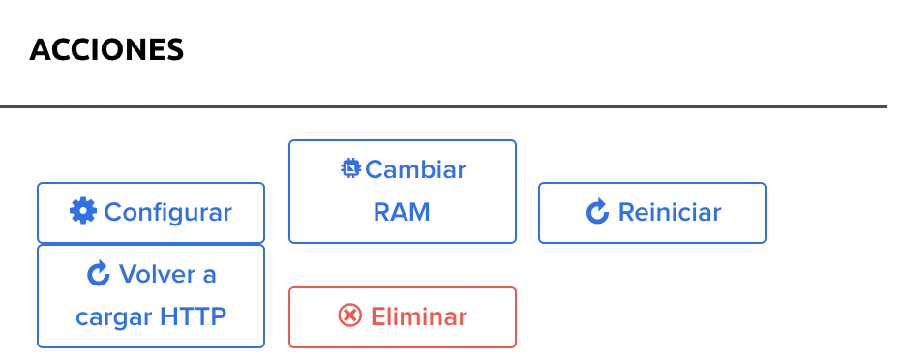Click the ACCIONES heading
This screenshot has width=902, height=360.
pyautogui.click(x=106, y=50)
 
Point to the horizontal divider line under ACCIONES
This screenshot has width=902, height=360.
pyautogui.click(x=443, y=105)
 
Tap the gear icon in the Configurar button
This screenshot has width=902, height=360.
pyautogui.click(x=83, y=211)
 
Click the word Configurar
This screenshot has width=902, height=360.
pyautogui.click(x=167, y=212)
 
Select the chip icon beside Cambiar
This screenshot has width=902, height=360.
pyautogui.click(x=350, y=169)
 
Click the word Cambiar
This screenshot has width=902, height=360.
pyautogui.click(x=415, y=170)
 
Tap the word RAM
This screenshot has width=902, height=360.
pyautogui.click(x=402, y=212)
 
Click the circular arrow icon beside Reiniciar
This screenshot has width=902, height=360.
pyautogui.click(x=597, y=212)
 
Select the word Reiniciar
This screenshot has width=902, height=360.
pyautogui.click(x=669, y=212)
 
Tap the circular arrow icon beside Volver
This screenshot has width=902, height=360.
pyautogui.click(x=99, y=275)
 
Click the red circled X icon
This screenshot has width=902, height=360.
pyautogui.click(x=349, y=315)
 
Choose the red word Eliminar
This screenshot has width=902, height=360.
pyautogui.click(x=419, y=316)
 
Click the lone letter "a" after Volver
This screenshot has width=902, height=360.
pyautogui.click(x=209, y=275)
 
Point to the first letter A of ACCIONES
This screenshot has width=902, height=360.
pyautogui.click(x=41, y=50)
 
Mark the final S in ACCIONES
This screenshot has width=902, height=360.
pyautogui.click(x=174, y=50)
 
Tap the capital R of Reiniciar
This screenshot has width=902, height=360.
pyautogui.click(x=625, y=212)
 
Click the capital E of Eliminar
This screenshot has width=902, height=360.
pyautogui.click(x=378, y=316)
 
